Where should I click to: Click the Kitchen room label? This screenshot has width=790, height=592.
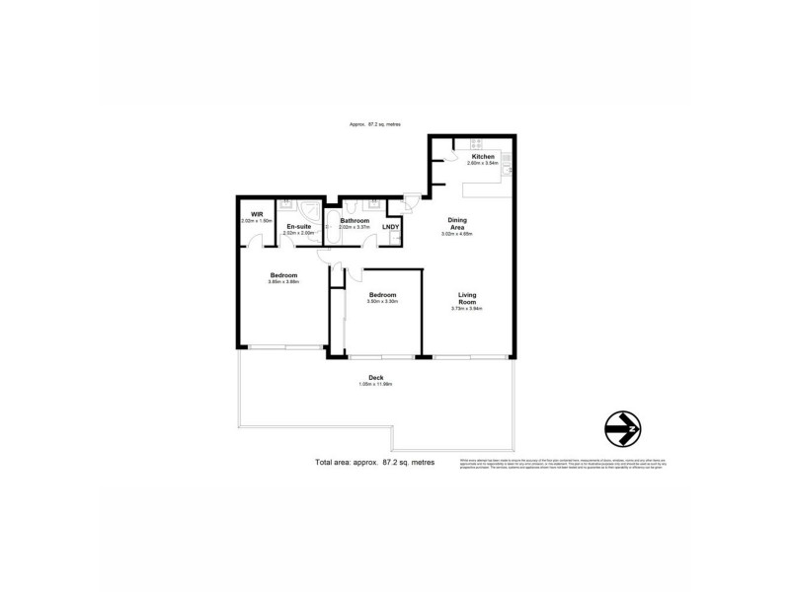[482, 157]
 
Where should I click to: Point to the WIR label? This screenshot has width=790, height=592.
[256, 214]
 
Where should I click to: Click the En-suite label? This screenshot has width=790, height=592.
[299, 227]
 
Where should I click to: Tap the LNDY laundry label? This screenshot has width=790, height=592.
[391, 227]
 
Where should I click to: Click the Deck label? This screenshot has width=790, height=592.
[375, 377]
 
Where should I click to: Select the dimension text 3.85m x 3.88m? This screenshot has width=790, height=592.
[283, 282]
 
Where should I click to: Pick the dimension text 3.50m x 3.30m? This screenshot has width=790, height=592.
[382, 302]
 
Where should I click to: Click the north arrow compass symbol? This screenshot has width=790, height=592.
[622, 428]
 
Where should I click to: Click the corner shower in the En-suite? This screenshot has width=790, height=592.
[312, 208]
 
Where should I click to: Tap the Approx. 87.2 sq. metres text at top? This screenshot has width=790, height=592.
[374, 124]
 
